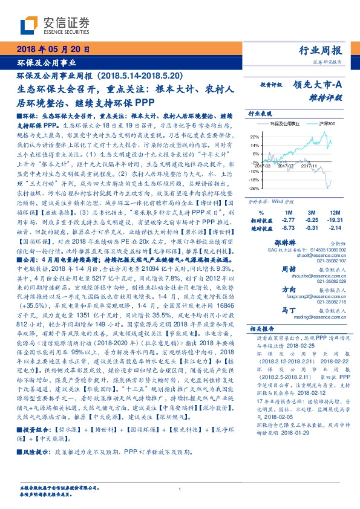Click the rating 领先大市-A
pyautogui.click(x=318, y=86)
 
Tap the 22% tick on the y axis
pyautogui.click(x=255, y=137)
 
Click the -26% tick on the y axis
pyautogui.click(x=254, y=188)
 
